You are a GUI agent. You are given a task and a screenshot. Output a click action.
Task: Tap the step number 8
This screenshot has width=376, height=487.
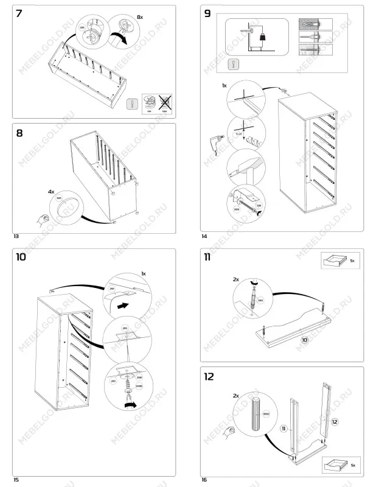pyautogui.click(x=20, y=133)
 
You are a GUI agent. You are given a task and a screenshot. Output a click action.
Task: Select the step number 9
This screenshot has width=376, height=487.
pyautogui.click(x=209, y=13)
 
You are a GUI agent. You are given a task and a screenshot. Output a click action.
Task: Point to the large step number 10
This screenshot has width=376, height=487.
pyautogui.click(x=21, y=256)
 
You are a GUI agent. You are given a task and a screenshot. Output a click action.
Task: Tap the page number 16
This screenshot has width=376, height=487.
pyautogui.click(x=204, y=480)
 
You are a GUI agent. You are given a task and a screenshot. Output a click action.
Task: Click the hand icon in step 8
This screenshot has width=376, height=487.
pyautogui.click(x=42, y=218)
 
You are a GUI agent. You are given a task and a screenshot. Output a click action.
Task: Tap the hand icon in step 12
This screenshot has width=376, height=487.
pyautogui.click(x=229, y=432)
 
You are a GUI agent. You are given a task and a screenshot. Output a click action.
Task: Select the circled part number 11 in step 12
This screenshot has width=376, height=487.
pyautogui.click(x=284, y=429)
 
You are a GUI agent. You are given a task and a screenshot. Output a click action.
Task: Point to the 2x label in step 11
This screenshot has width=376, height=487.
pyautogui.click(x=236, y=279)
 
